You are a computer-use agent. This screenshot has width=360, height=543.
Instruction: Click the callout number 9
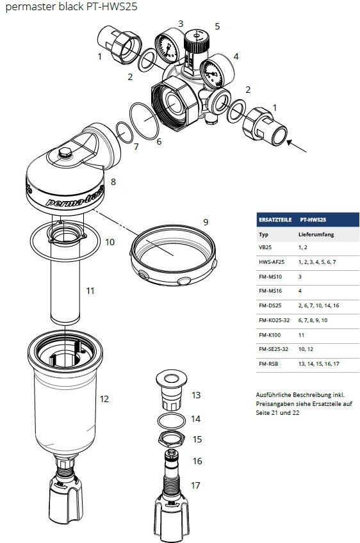206,222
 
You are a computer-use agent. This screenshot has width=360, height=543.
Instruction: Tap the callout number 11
90,291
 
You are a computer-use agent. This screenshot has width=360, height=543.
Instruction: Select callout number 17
196,485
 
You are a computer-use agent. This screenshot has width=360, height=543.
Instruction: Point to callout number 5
217,26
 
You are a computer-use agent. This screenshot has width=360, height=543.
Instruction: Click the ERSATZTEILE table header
274,220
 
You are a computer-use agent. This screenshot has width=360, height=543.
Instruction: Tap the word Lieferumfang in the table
316,235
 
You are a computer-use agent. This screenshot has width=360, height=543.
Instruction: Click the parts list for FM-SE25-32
304,349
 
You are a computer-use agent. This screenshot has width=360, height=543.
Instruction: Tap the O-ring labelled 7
124,134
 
